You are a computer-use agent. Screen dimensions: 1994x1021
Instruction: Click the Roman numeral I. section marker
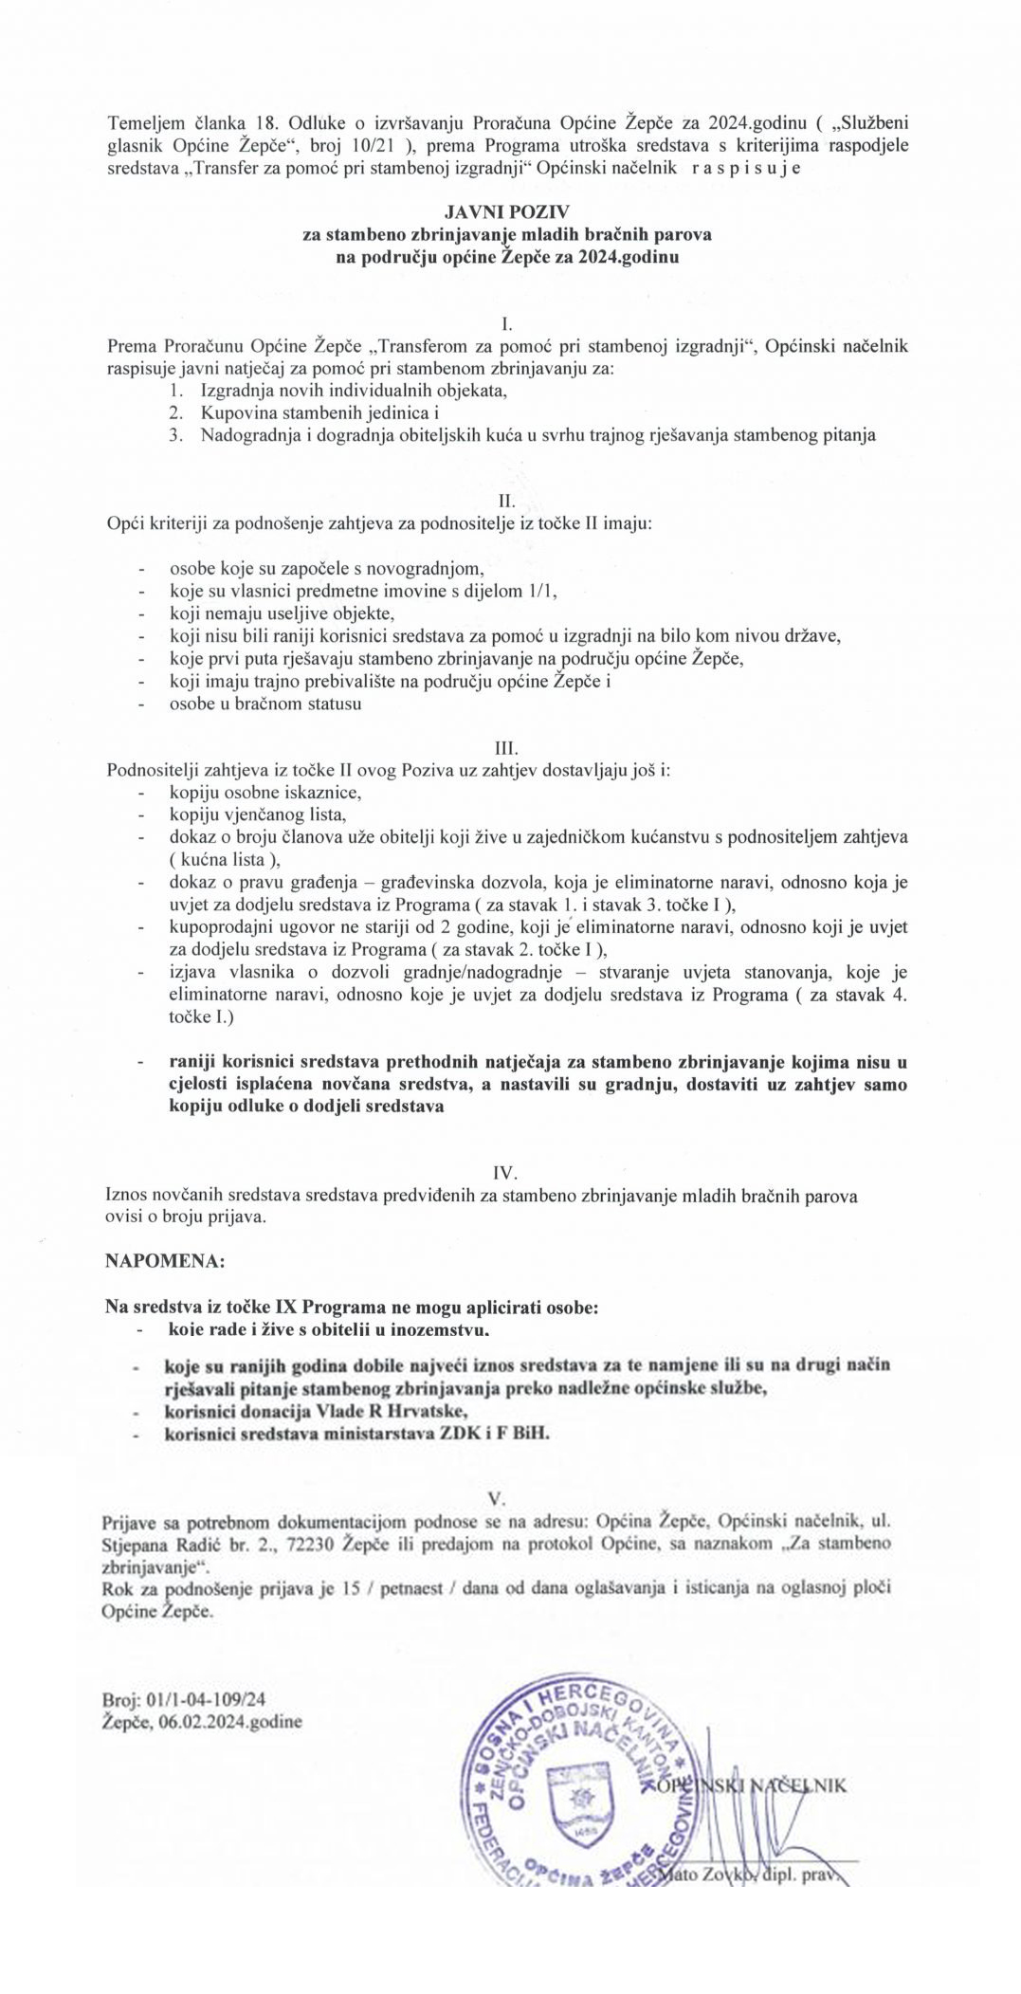[508, 325]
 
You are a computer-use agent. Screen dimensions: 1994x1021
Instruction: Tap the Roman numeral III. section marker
[508, 751]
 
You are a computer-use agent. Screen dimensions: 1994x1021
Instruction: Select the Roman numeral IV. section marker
[508, 1174]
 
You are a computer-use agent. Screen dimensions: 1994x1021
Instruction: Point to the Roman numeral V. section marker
[494, 1499]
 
